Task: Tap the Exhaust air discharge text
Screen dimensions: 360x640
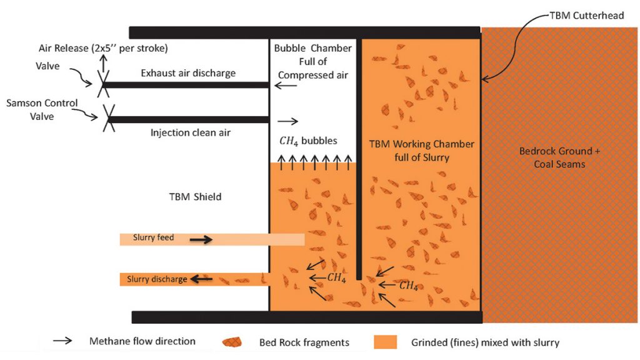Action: [188, 73]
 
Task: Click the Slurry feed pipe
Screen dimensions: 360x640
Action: [212, 239]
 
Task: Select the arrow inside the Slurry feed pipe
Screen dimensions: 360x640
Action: [201, 239]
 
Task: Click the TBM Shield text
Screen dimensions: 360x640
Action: [195, 197]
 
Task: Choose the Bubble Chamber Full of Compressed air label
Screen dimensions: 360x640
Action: [313, 62]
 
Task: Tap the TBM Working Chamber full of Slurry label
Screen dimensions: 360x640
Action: [422, 151]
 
